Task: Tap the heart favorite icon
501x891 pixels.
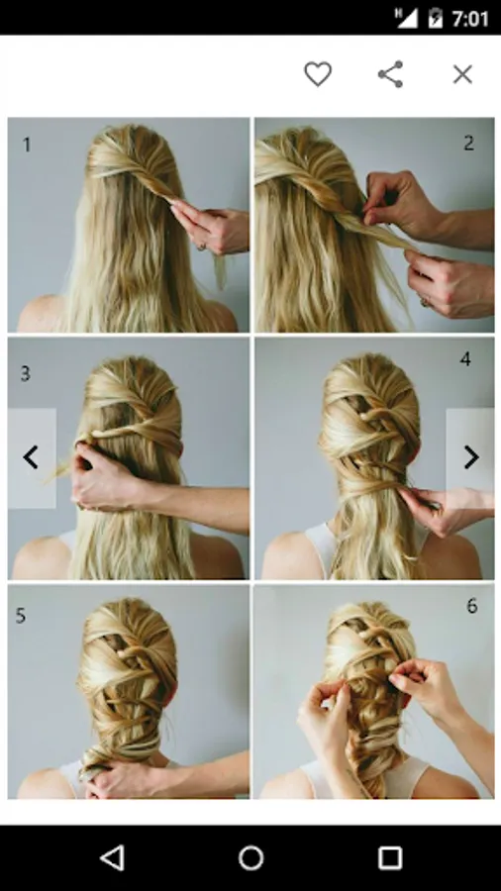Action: point(318,74)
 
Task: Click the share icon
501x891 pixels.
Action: point(391,74)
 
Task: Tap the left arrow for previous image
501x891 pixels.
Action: point(31,457)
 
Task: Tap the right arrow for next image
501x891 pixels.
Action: point(471,457)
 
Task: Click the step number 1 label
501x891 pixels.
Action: point(26,145)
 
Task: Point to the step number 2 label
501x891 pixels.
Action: point(468,143)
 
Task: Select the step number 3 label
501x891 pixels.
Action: point(25,373)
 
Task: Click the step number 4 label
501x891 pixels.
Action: point(465,359)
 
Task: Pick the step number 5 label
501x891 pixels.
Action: point(21,616)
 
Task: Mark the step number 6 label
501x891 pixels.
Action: point(472,606)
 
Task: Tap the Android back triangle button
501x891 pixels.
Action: point(112,858)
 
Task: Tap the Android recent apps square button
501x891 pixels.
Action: point(390,858)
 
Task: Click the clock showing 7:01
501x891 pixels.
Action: point(469,19)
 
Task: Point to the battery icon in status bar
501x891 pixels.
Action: point(435,18)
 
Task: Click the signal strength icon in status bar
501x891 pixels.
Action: point(406,18)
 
